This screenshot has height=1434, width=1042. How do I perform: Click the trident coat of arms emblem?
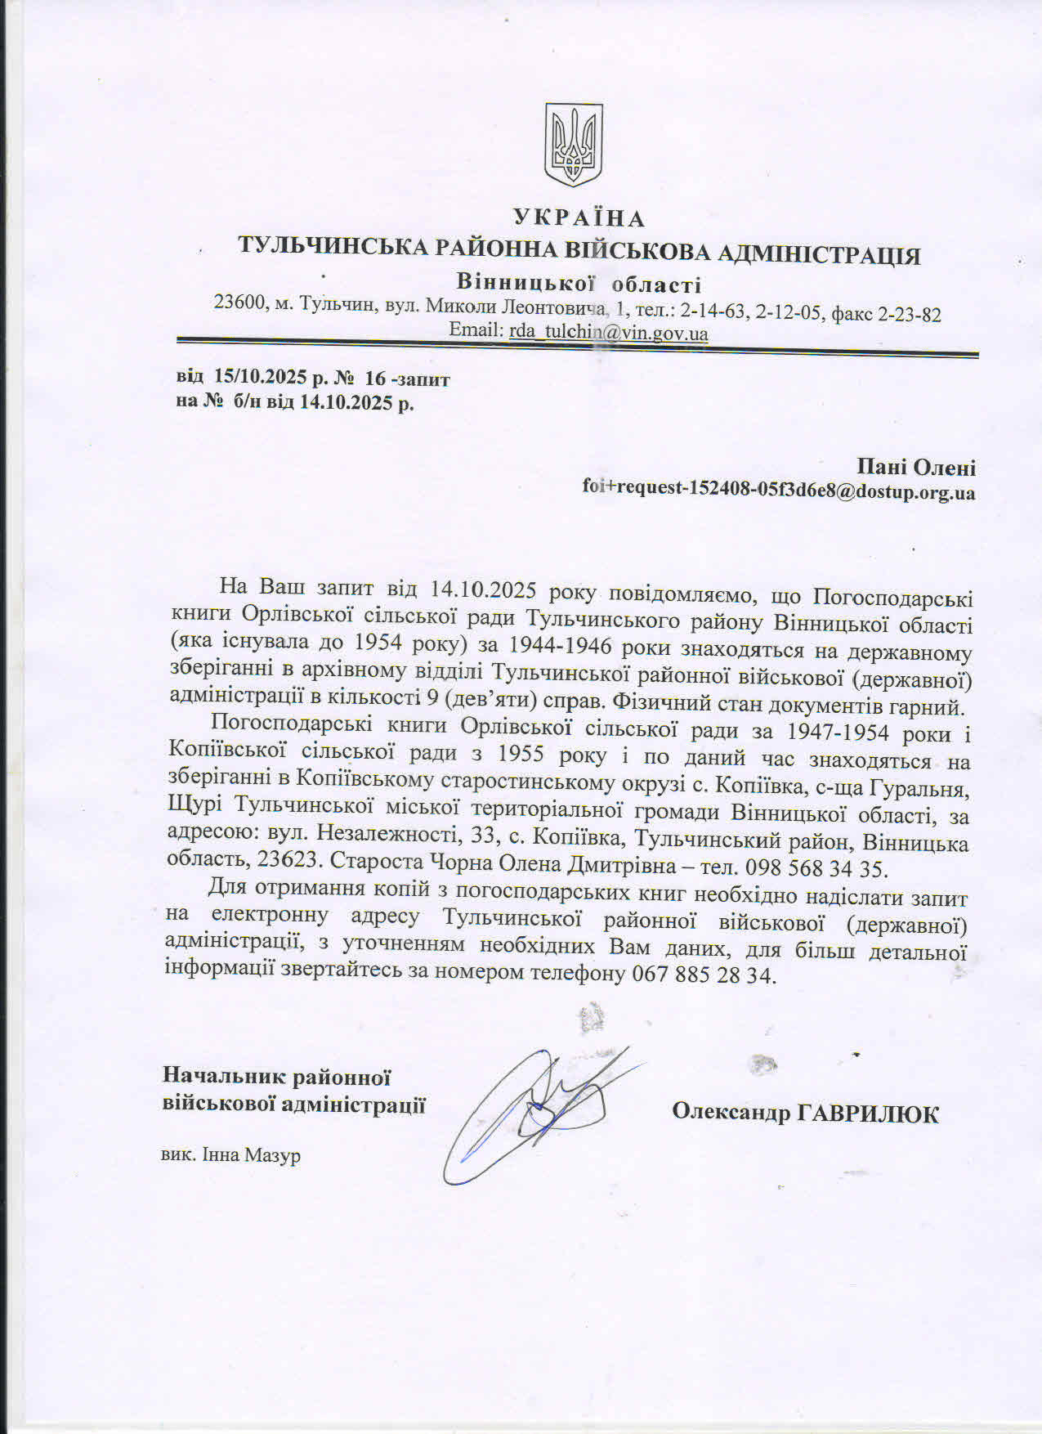click(x=574, y=145)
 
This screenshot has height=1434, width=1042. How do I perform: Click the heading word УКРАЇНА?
click(x=579, y=218)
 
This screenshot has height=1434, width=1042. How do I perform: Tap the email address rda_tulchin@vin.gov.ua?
click(x=608, y=333)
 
